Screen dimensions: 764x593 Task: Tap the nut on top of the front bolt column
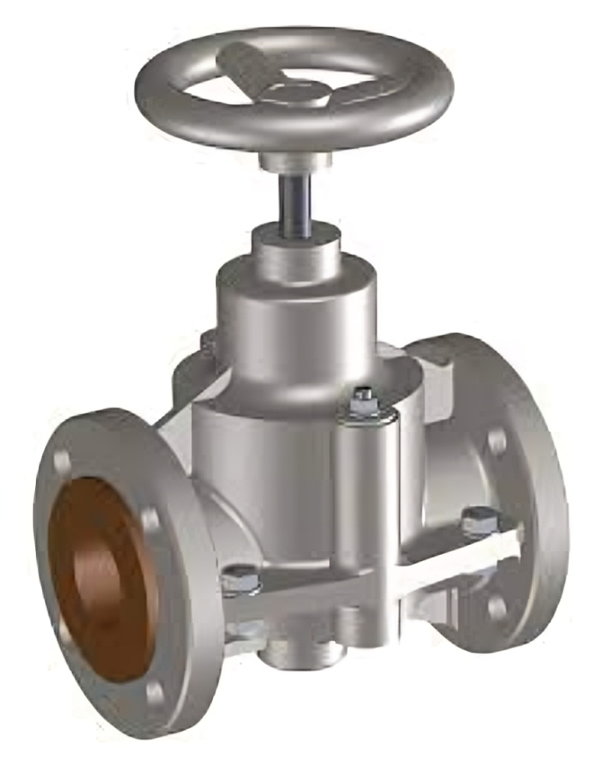pos(364,403)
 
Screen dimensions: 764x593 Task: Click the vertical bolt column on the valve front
pos(366,503)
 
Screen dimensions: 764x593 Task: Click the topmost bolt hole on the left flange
pos(62,461)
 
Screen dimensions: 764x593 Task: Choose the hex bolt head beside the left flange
pos(238,580)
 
